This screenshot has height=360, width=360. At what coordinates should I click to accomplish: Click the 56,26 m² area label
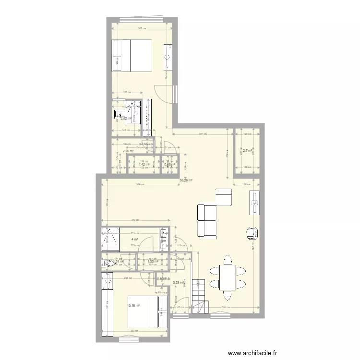pyautogui.click(x=186, y=181)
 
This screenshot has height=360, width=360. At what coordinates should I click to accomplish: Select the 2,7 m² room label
pyautogui.click(x=247, y=151)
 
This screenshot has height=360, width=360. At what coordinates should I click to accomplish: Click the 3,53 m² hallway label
pyautogui.click(x=178, y=283)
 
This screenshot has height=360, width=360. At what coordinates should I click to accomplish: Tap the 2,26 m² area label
pyautogui.click(x=128, y=151)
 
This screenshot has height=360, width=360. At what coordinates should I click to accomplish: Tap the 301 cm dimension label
pyautogui.click(x=203, y=134)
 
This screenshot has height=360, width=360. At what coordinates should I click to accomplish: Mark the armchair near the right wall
pyautogui.click(x=251, y=232)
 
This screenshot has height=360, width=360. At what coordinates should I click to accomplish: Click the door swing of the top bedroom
pyautogui.click(x=163, y=93)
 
